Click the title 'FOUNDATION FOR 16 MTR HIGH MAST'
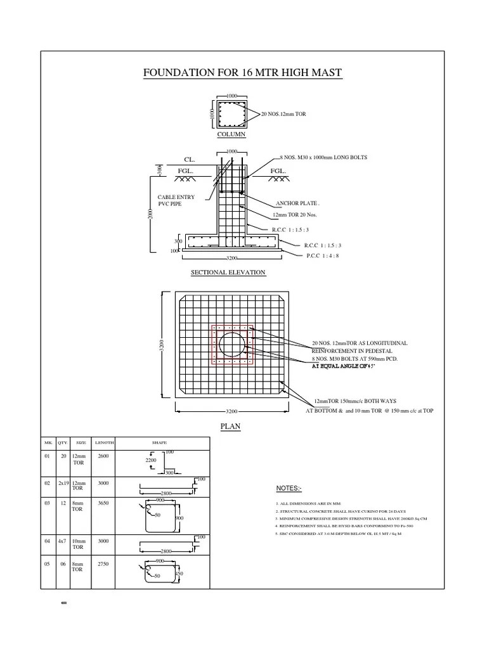[243, 74]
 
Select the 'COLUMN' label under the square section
[231, 134]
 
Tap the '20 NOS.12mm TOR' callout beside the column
[283, 113]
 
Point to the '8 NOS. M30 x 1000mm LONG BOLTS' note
[323, 157]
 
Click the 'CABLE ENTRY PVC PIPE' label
[176, 201]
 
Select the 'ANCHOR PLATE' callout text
[297, 203]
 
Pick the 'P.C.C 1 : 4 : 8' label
[323, 255]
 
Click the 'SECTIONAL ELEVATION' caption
[228, 273]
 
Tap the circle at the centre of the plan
[231, 345]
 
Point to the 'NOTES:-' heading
[289, 489]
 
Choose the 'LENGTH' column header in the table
[105, 442]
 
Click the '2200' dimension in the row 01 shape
[150, 460]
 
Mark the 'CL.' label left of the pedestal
[190, 160]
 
